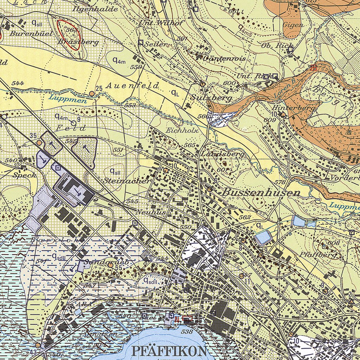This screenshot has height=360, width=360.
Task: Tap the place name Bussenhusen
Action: [x=261, y=193]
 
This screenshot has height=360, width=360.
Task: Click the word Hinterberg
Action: [x=293, y=108]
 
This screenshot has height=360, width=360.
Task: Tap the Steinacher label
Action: [x=127, y=181]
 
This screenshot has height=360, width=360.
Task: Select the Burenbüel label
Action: [x=32, y=34]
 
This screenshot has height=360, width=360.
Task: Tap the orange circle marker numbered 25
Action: [x=92, y=94]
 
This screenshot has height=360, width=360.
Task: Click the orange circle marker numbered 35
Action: [x=39, y=142]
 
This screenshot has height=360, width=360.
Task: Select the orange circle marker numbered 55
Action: [x=110, y=265]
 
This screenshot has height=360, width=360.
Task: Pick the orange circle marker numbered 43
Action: [x=38, y=345]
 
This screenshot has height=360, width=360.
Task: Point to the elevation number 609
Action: [x=269, y=120]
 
